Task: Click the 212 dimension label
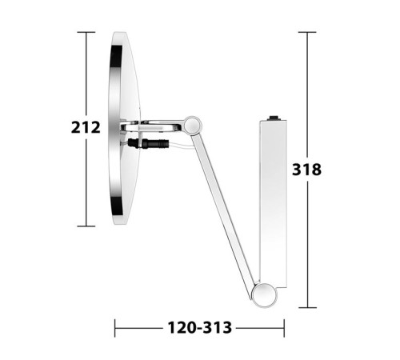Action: coord(86,127)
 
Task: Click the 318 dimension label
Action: coord(306,170)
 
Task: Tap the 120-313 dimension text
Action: coord(200,328)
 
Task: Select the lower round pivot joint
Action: coord(265,296)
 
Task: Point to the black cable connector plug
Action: coord(148,143)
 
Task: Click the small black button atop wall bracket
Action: coord(274,118)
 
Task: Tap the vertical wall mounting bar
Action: coord(273,204)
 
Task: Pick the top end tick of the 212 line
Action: coord(86,32)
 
